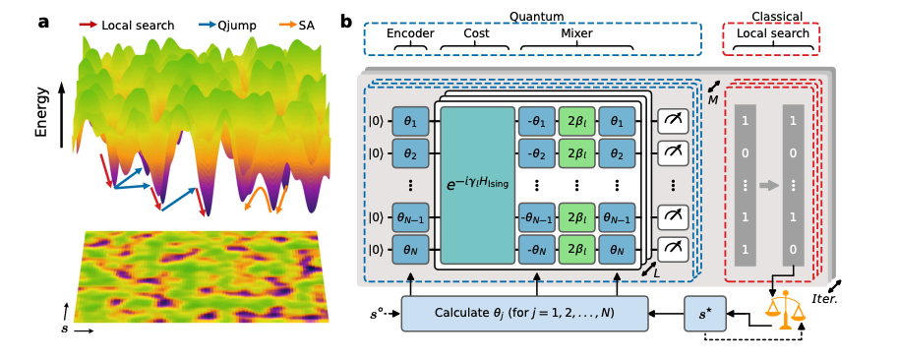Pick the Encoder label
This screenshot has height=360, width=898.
click(409, 33)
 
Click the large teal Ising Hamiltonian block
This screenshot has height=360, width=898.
click(478, 185)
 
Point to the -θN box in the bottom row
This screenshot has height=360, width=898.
click(536, 250)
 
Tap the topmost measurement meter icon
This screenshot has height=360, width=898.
click(674, 120)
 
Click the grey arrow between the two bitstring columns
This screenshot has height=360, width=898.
click(769, 184)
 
